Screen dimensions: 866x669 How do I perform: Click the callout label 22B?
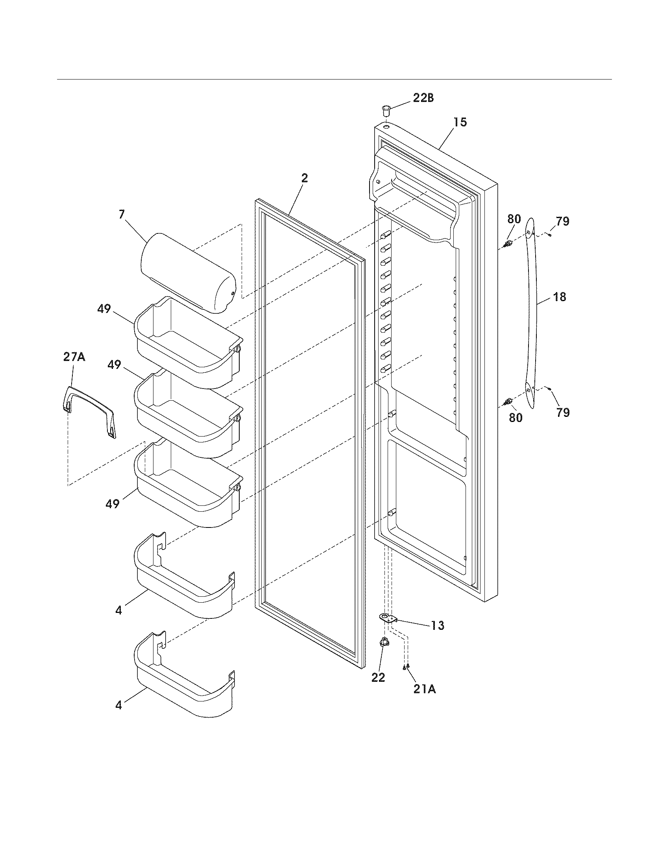coord(423,98)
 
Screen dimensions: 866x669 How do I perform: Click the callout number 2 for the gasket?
coord(304,178)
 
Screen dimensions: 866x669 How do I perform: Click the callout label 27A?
coord(74,357)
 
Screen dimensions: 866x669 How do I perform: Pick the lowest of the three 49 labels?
coord(112,504)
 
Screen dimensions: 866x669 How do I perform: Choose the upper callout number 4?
coord(119,611)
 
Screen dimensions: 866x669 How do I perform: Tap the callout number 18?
coord(560,296)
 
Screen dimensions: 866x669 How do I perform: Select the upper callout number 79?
coord(562,221)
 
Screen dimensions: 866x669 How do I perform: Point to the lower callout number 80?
coord(515,417)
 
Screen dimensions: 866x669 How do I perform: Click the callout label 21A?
coord(425,689)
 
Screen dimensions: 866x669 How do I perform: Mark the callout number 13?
coord(438,626)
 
